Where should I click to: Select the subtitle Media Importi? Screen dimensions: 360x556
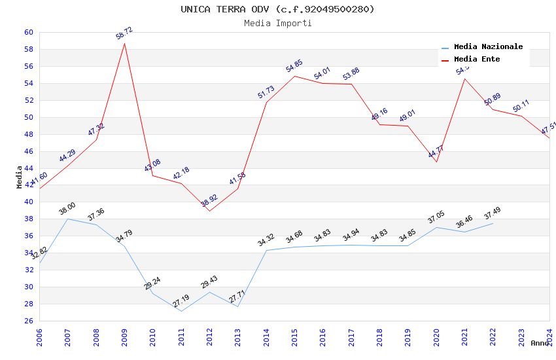pyautogui.click(x=277, y=23)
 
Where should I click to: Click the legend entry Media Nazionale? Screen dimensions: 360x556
pyautogui.click(x=488, y=47)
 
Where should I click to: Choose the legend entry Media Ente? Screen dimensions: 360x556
pyautogui.click(x=477, y=59)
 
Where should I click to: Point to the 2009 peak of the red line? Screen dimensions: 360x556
pyautogui.click(x=124, y=43)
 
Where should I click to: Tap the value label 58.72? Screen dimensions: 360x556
pyautogui.click(x=124, y=33)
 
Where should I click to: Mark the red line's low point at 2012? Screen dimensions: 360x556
pyautogui.click(x=209, y=211)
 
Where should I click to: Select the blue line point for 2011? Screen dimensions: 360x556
pyautogui.click(x=181, y=311)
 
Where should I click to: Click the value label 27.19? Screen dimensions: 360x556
pyautogui.click(x=181, y=301)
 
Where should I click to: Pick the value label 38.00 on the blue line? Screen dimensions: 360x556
pyautogui.click(x=67, y=209)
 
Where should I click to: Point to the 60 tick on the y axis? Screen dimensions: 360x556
pyautogui.click(x=28, y=32)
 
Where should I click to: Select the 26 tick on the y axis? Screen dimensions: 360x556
pyautogui.click(x=28, y=321)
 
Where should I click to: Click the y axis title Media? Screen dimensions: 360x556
pyautogui.click(x=20, y=177)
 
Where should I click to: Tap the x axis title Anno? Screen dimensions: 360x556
pyautogui.click(x=540, y=343)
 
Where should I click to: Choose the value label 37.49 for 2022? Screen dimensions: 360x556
pyautogui.click(x=493, y=214)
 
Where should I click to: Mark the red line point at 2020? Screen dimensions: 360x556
pyautogui.click(x=436, y=162)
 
